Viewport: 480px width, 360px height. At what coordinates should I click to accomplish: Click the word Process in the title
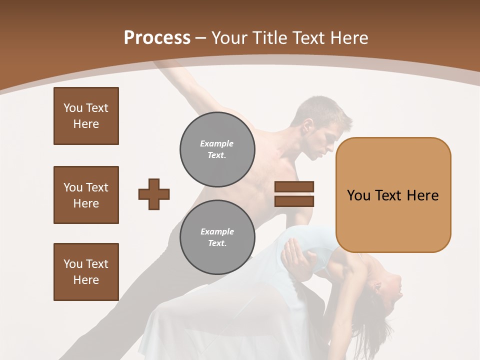[x=157, y=38]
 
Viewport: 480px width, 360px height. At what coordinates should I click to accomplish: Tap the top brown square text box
[x=86, y=116]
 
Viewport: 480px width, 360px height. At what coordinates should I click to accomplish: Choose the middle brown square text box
[x=86, y=195]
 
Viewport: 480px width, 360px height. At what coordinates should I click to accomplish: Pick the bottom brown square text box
[x=86, y=272]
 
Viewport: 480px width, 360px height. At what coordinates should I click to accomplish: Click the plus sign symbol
[x=154, y=194]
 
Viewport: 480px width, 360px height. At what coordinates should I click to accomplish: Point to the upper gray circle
[x=217, y=149]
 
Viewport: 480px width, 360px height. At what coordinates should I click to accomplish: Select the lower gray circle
[x=217, y=237]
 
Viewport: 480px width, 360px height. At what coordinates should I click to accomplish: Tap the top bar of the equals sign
[x=294, y=186]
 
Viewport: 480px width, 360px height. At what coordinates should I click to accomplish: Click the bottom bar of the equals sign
[x=294, y=201]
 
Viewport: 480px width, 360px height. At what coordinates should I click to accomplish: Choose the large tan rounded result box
[x=393, y=195]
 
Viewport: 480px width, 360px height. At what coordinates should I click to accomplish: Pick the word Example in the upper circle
[x=216, y=143]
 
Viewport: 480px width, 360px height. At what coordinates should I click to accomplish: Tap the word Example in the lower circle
[x=217, y=231]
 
